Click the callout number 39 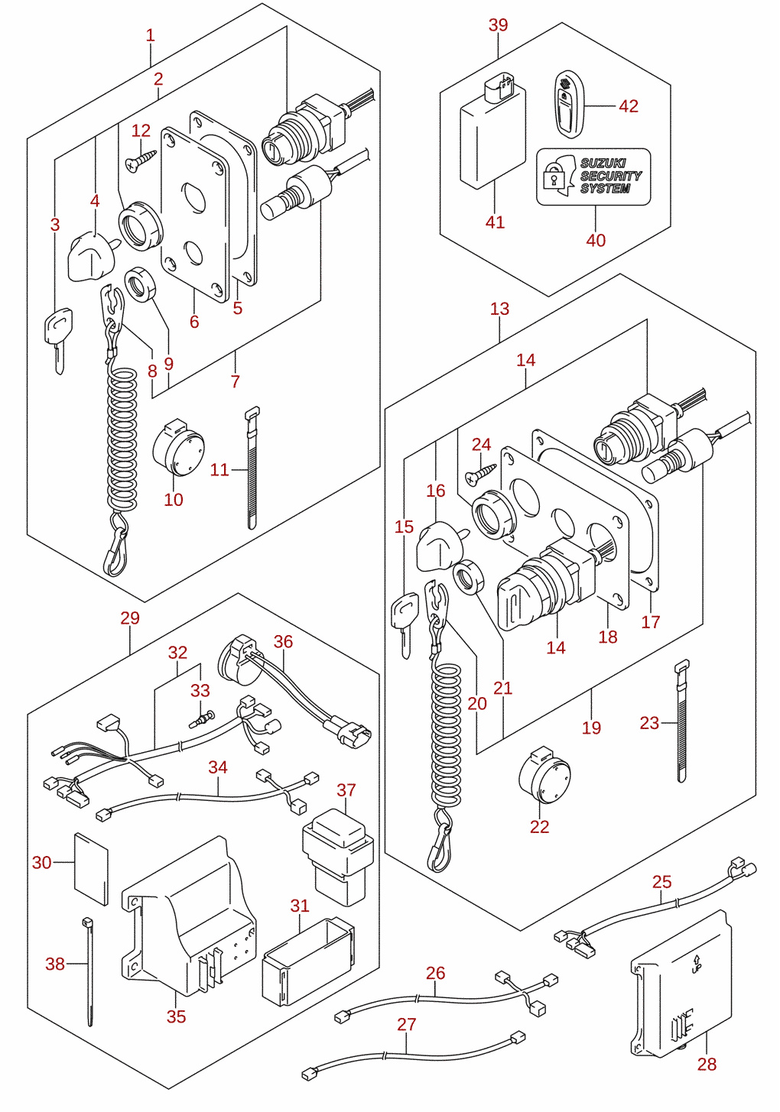498,24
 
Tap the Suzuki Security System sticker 593,177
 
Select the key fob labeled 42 569,104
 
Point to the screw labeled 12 141,160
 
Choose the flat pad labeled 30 91,868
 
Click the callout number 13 499,309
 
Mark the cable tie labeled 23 681,721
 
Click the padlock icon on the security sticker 551,176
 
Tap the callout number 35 176,1016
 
